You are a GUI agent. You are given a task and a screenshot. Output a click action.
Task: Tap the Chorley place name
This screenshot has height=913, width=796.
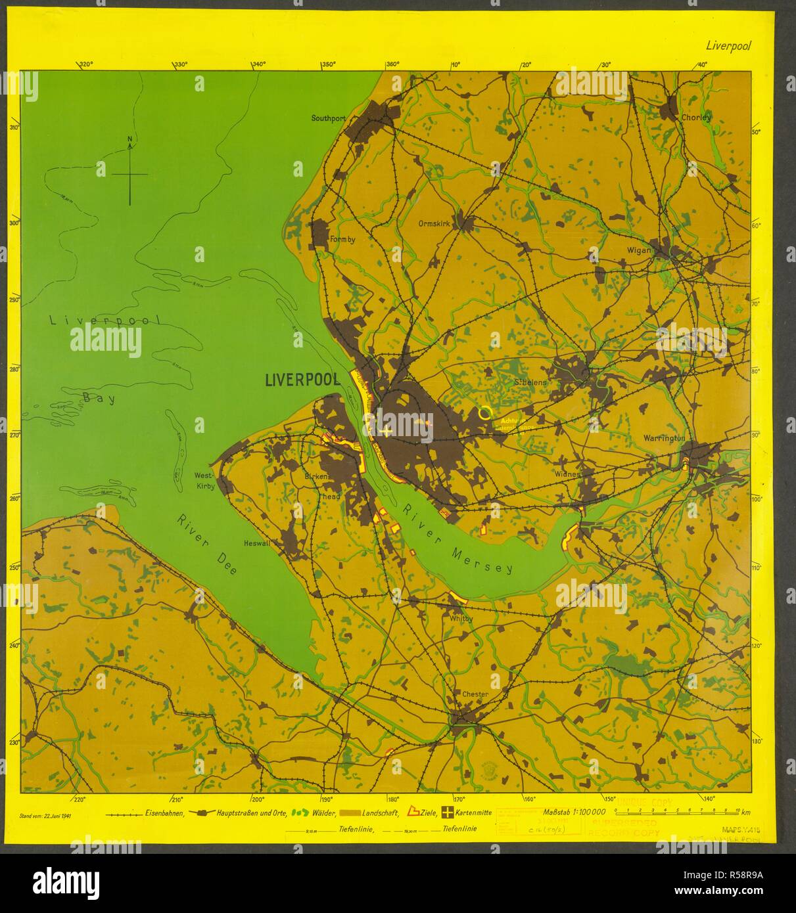pos(696,118)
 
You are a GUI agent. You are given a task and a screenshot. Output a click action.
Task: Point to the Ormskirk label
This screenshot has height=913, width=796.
pos(434,223)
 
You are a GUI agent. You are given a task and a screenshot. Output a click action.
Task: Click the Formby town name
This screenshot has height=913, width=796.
pos(342,240)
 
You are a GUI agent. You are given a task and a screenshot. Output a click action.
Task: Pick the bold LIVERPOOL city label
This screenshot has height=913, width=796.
pos(302,380)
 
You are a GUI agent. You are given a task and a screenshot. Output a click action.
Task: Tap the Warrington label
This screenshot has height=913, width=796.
pos(665,438)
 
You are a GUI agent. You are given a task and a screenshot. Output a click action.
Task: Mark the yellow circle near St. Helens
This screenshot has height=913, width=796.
pos(485,412)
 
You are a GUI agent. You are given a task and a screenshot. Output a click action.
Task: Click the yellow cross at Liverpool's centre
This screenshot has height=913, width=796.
pos(386,431)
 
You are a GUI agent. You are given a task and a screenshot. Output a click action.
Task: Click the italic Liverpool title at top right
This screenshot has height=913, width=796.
pos(728,46)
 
